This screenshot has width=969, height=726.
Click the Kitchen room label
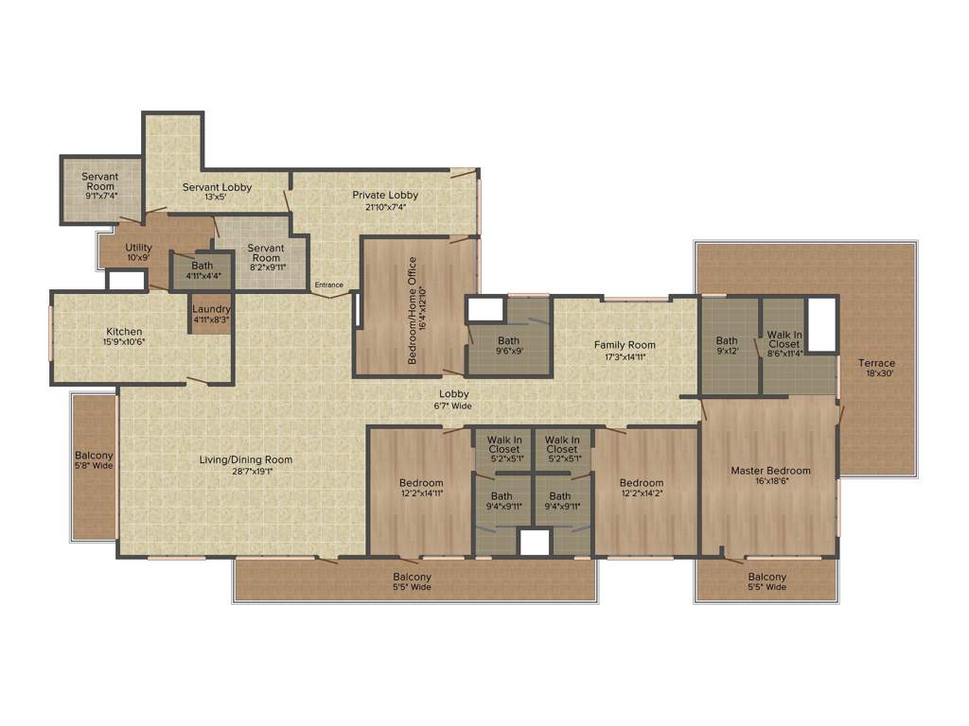coord(124,332)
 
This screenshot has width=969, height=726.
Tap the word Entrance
coord(329,285)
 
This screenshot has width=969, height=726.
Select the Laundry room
coord(211,314)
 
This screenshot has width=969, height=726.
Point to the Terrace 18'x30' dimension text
coord(876,373)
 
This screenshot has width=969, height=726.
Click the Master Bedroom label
coord(770,471)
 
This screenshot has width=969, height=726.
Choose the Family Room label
coord(625,345)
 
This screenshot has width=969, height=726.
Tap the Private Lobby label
coord(385,196)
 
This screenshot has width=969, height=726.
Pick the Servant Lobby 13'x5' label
coord(217,192)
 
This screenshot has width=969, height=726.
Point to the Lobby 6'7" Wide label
coord(453,400)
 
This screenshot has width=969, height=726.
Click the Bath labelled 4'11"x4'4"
coord(203,270)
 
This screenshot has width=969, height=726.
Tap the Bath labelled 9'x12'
coord(727,346)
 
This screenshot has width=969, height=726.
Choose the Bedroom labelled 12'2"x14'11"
coord(421,488)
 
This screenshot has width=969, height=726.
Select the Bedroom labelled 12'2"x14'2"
coord(643,488)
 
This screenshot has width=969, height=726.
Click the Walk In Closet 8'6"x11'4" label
coord(784,344)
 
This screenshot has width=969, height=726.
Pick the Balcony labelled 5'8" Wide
coord(94,460)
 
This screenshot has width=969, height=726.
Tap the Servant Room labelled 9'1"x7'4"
coord(99,186)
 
